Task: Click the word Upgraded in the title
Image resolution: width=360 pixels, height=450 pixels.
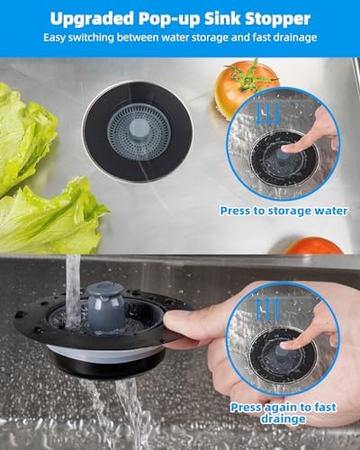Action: click(92, 19)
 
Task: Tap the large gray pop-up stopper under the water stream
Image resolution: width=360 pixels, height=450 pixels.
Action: click(105, 306)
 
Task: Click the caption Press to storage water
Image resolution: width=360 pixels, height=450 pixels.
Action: click(283, 211)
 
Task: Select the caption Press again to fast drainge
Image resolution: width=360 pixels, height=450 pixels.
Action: click(283, 413)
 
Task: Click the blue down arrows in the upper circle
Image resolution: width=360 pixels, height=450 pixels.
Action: click(269, 113)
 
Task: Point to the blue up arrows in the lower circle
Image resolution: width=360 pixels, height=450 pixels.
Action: click(267, 310)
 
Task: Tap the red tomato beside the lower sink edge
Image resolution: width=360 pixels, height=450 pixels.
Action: click(312, 246)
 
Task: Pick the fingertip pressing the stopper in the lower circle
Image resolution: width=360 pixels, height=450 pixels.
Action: click(287, 346)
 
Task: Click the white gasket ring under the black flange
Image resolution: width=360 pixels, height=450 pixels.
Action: click(105, 354)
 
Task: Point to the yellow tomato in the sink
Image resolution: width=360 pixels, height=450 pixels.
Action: click(247, 87)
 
